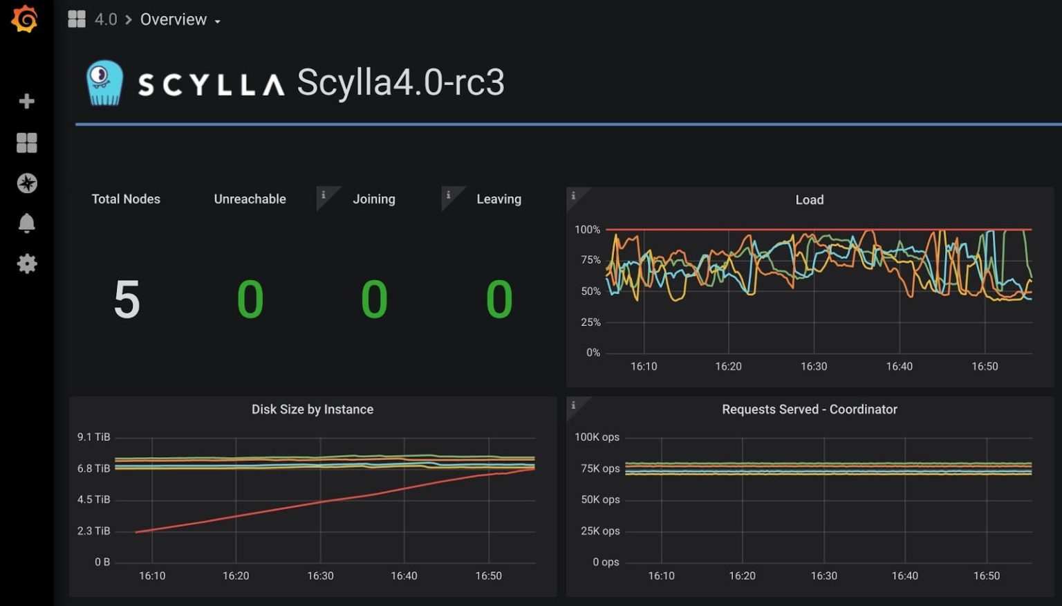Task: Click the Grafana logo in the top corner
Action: point(25,19)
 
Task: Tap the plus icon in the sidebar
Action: point(26,101)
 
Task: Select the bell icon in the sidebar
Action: point(26,223)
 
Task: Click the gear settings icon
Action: point(26,264)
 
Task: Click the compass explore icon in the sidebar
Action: point(26,183)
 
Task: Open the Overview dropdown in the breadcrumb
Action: point(180,19)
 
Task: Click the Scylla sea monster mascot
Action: point(104,83)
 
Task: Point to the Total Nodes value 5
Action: point(127,300)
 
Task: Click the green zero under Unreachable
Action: point(250,300)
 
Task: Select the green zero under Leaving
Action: point(499,300)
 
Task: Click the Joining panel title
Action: point(373,199)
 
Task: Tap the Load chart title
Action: point(809,200)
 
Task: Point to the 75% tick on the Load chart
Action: point(590,260)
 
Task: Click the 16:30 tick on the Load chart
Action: point(813,367)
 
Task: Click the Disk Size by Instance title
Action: point(312,410)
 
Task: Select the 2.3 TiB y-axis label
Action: point(93,531)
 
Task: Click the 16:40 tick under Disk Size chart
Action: point(404,576)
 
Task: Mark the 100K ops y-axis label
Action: point(597,437)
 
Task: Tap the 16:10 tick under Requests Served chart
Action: point(661,576)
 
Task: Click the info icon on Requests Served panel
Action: point(573,405)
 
